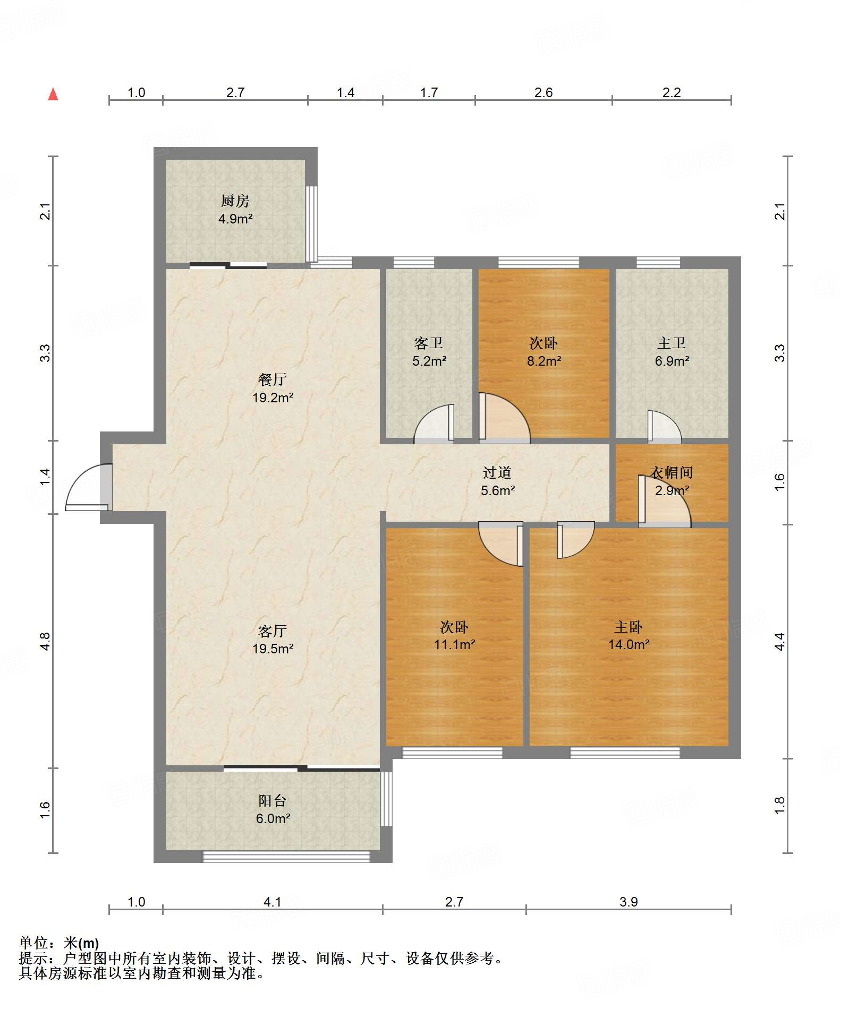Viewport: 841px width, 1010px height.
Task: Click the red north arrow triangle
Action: pyautogui.click(x=53, y=94)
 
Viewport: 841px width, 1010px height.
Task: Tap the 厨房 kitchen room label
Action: pyautogui.click(x=235, y=201)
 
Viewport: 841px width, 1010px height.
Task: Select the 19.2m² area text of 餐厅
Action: pyautogui.click(x=273, y=398)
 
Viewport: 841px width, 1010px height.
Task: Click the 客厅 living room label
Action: pyautogui.click(x=273, y=631)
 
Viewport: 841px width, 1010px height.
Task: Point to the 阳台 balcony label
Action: pyautogui.click(x=273, y=800)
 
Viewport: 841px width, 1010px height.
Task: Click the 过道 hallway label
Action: pyautogui.click(x=497, y=472)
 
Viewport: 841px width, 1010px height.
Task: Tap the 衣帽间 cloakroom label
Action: pyautogui.click(x=672, y=472)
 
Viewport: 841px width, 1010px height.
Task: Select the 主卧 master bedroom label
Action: pyautogui.click(x=628, y=627)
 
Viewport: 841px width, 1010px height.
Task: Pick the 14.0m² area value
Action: pyautogui.click(x=629, y=644)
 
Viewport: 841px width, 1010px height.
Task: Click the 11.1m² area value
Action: pyautogui.click(x=455, y=644)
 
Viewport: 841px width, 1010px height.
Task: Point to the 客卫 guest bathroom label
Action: pyautogui.click(x=429, y=343)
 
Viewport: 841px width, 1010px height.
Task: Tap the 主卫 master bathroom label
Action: pyautogui.click(x=672, y=343)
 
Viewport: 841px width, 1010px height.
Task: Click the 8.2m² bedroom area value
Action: pyautogui.click(x=544, y=361)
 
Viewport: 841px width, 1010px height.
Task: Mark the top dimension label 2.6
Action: pyautogui.click(x=543, y=92)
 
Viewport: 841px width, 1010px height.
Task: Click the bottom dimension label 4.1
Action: pyautogui.click(x=273, y=902)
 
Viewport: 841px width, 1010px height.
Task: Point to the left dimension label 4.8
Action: pyautogui.click(x=45, y=641)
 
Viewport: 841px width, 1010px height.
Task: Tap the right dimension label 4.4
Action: pyautogui.click(x=779, y=641)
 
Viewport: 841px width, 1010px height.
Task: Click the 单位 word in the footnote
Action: pyautogui.click(x=33, y=943)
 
